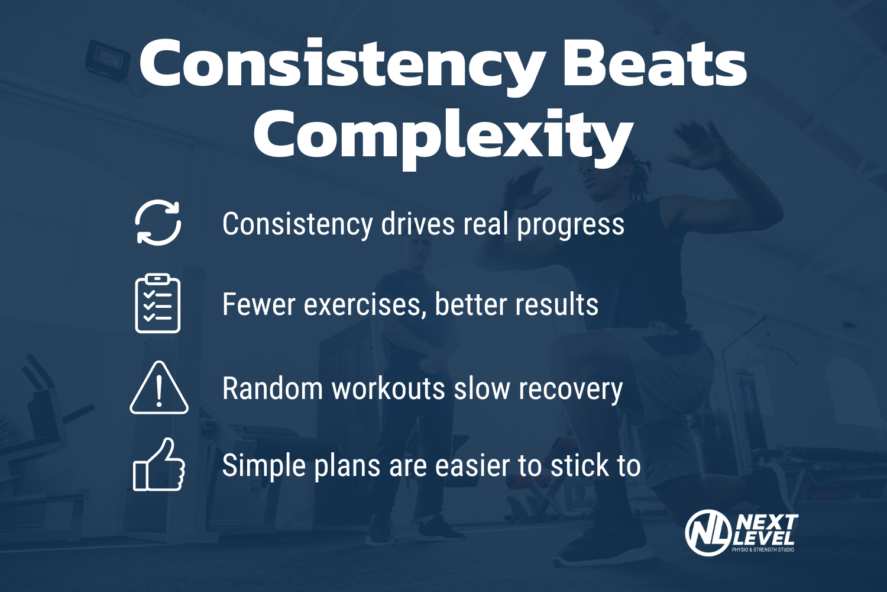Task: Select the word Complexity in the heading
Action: click(x=444, y=136)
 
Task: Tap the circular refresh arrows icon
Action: click(x=158, y=223)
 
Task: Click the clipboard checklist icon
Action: click(x=158, y=303)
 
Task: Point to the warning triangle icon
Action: click(x=159, y=388)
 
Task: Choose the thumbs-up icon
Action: click(x=158, y=465)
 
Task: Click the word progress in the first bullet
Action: click(x=571, y=225)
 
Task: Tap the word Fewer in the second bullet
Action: click(x=259, y=304)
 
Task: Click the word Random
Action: click(x=272, y=389)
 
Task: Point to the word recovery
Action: click(x=571, y=389)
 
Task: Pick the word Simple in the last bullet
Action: click(x=264, y=466)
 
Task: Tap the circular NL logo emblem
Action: click(x=707, y=533)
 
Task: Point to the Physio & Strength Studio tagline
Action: click(x=763, y=550)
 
